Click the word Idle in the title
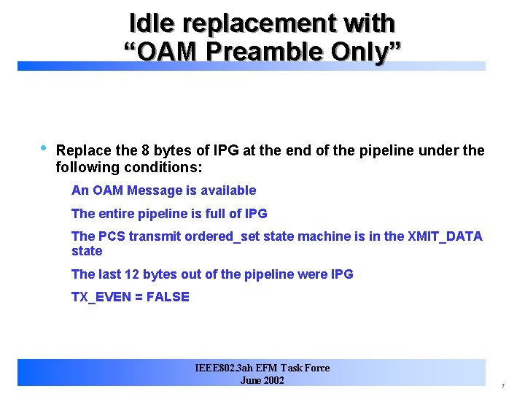pyautogui.click(x=152, y=23)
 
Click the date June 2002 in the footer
pyautogui.click(x=262, y=380)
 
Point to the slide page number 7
pyautogui.click(x=502, y=385)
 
